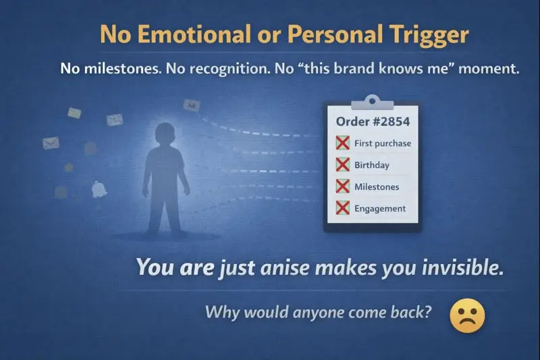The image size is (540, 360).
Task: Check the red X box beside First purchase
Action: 343,143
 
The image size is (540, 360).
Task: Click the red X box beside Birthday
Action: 343,165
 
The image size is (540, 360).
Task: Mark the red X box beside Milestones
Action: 343,186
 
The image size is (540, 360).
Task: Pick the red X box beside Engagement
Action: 343,208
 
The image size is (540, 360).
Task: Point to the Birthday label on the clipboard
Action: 372,165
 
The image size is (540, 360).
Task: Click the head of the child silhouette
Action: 164,134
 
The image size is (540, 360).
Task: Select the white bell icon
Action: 100,188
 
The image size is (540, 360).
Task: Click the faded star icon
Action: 69,167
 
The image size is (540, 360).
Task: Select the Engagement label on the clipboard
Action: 380,208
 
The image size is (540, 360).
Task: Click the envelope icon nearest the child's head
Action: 115,120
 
